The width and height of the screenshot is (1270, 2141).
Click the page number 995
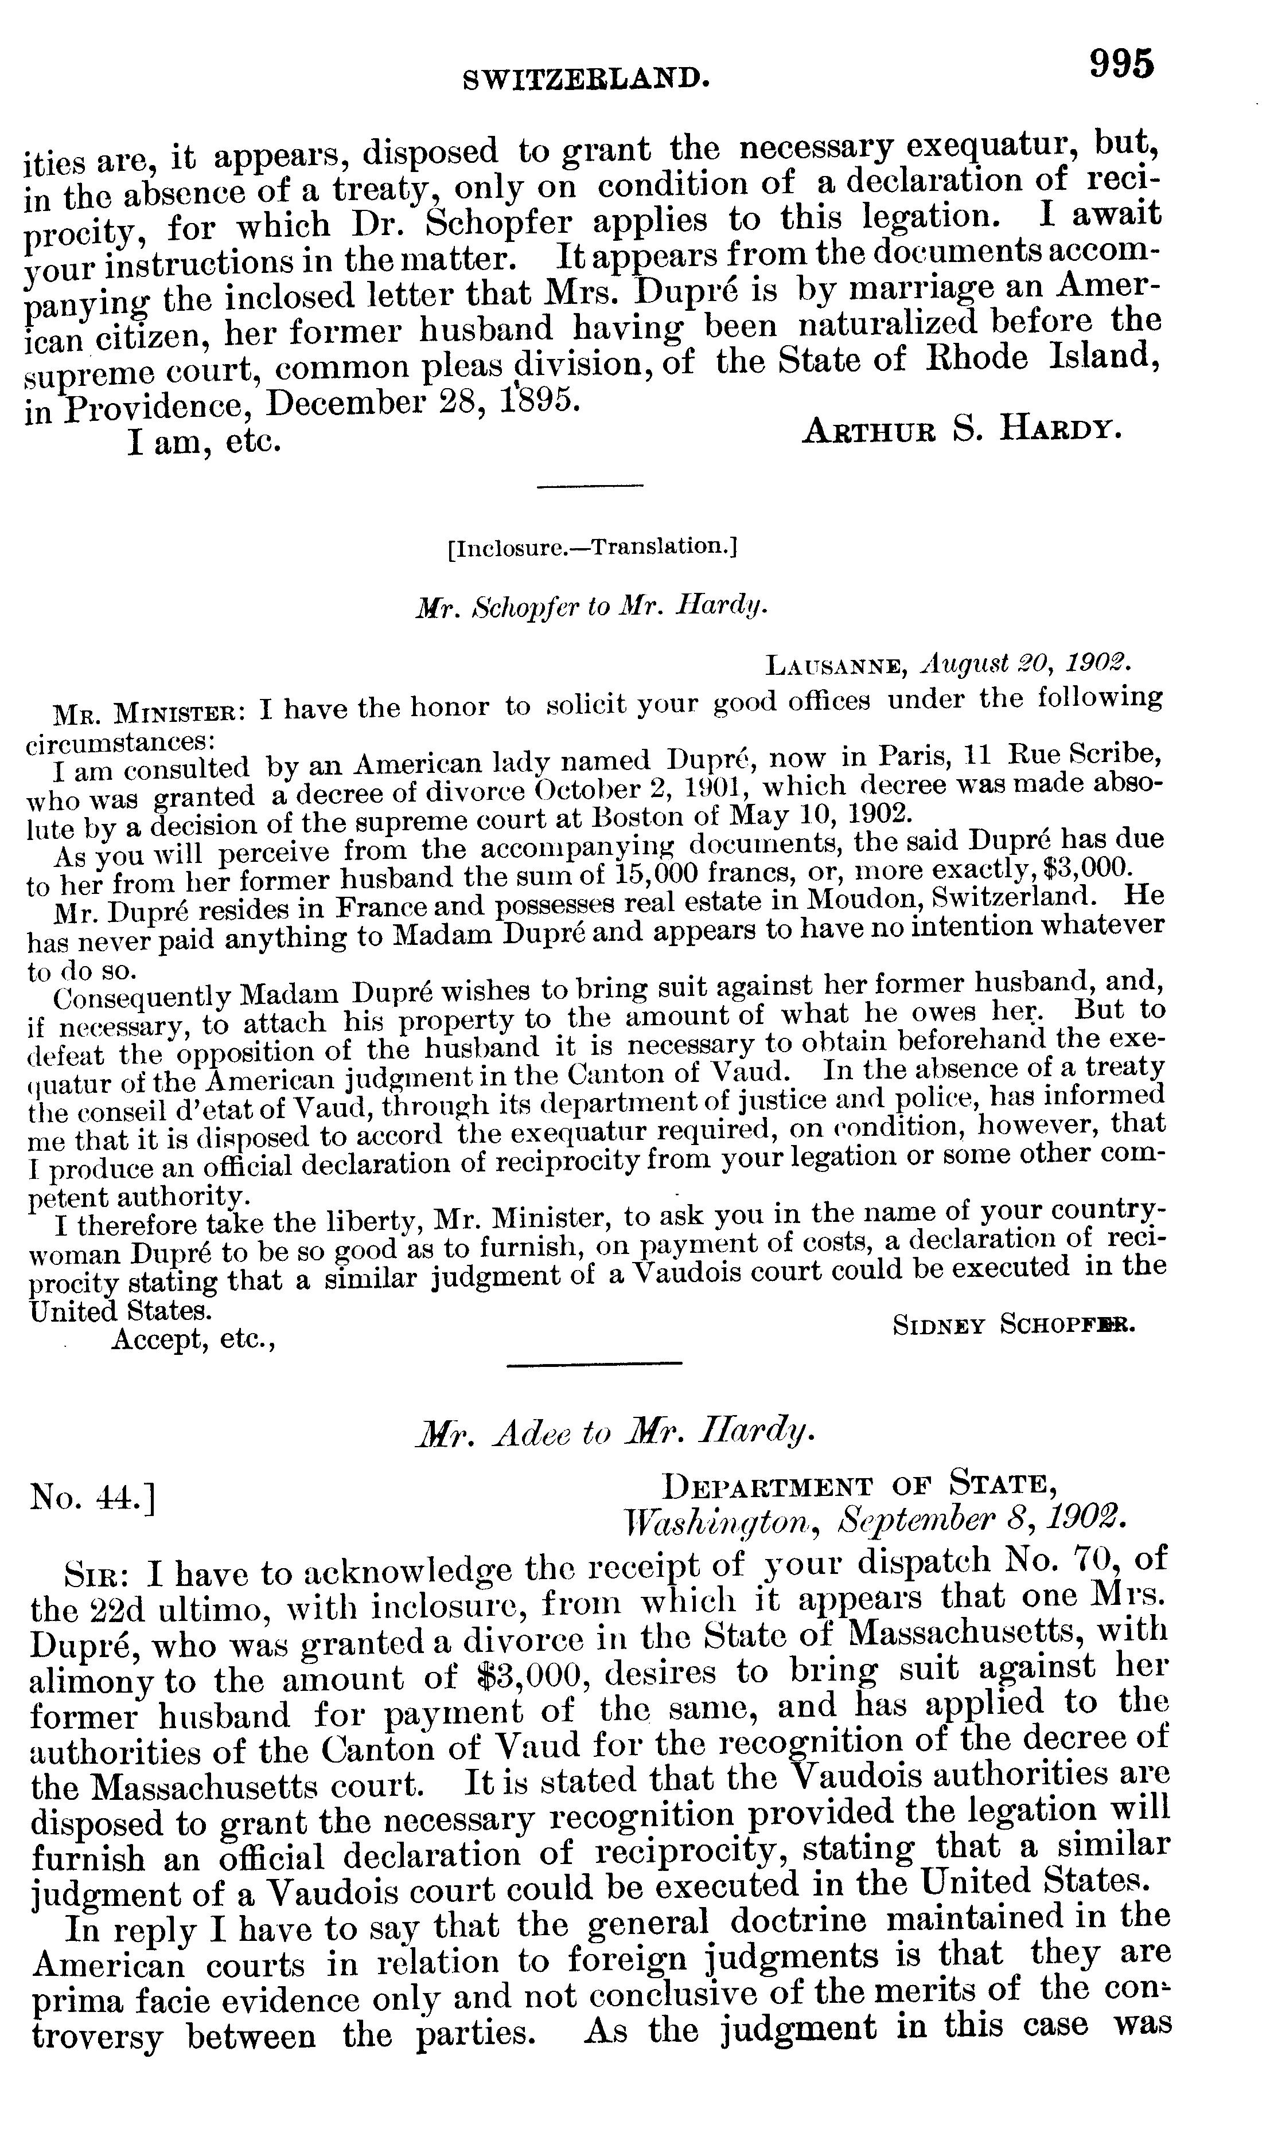click(x=1121, y=64)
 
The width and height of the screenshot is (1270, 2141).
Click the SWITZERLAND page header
click(x=586, y=80)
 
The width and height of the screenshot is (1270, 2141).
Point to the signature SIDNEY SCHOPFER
click(x=1013, y=1325)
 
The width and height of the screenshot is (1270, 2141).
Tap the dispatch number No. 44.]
click(x=92, y=1496)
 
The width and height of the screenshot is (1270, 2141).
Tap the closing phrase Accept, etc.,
click(x=193, y=1338)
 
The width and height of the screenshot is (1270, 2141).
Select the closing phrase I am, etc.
click(x=204, y=443)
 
